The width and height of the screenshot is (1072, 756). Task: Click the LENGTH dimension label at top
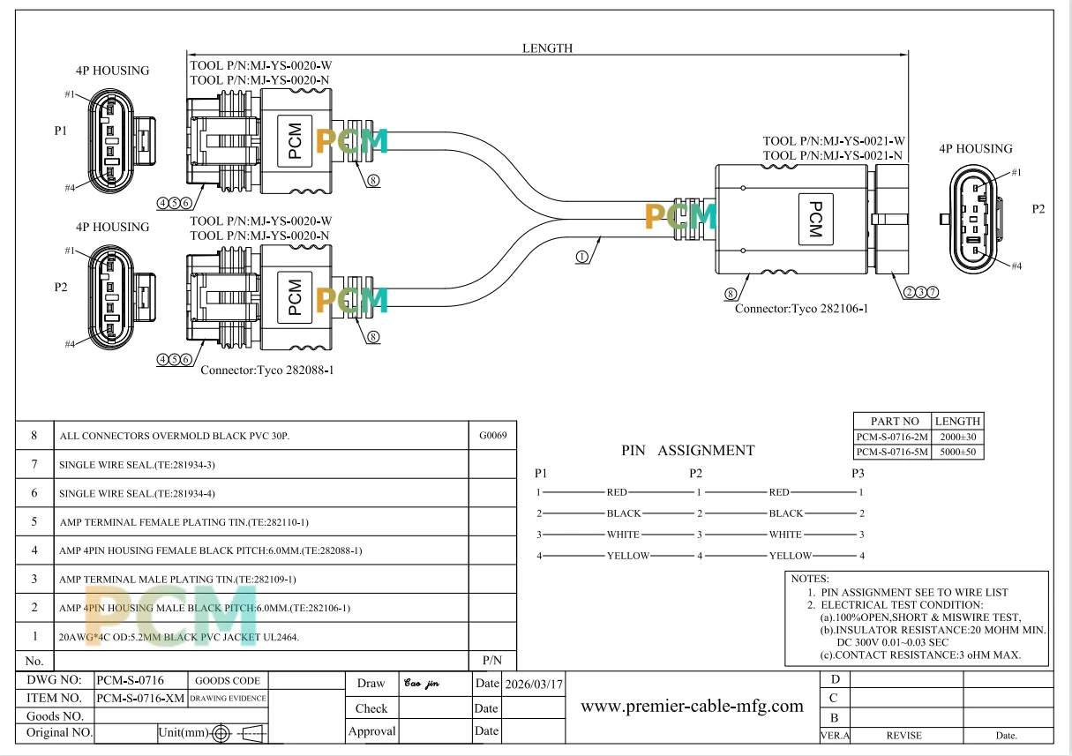click(547, 48)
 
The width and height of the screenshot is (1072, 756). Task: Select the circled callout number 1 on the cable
click(581, 257)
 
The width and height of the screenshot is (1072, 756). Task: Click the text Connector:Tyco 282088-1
click(267, 370)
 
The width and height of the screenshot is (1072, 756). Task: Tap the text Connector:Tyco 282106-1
click(801, 309)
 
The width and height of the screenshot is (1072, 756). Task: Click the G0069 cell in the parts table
click(492, 436)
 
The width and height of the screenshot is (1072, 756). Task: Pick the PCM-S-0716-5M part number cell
click(892, 452)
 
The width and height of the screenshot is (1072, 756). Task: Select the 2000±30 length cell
click(957, 437)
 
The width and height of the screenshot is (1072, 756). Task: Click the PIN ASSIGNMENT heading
click(687, 450)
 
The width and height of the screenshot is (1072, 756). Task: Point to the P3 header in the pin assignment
click(858, 473)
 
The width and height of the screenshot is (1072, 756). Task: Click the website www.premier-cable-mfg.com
click(692, 706)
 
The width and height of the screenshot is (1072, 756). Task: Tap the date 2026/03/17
click(534, 684)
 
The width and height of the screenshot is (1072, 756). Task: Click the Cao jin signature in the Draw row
click(422, 683)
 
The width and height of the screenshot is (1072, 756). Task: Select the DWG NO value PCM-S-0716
click(131, 680)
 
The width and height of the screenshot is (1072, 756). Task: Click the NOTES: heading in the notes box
click(810, 579)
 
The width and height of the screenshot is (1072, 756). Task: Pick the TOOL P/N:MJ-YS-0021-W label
click(834, 141)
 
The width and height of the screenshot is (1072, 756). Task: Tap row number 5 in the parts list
click(34, 521)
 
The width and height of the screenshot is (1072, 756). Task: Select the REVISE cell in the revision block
click(903, 736)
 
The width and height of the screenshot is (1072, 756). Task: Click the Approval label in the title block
click(371, 731)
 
